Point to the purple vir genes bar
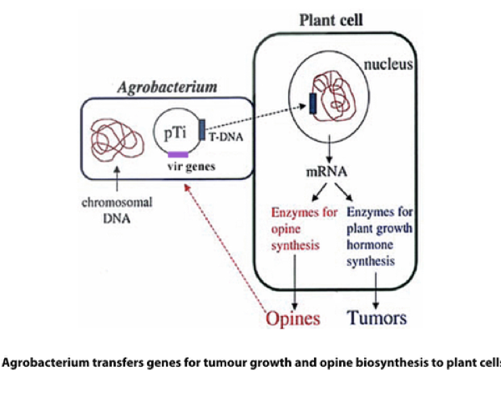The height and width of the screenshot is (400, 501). point(179,154)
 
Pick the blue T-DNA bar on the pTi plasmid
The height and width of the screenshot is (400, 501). point(201,129)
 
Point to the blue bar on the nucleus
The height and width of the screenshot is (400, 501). point(311,103)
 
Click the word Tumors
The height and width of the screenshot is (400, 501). point(377,317)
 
